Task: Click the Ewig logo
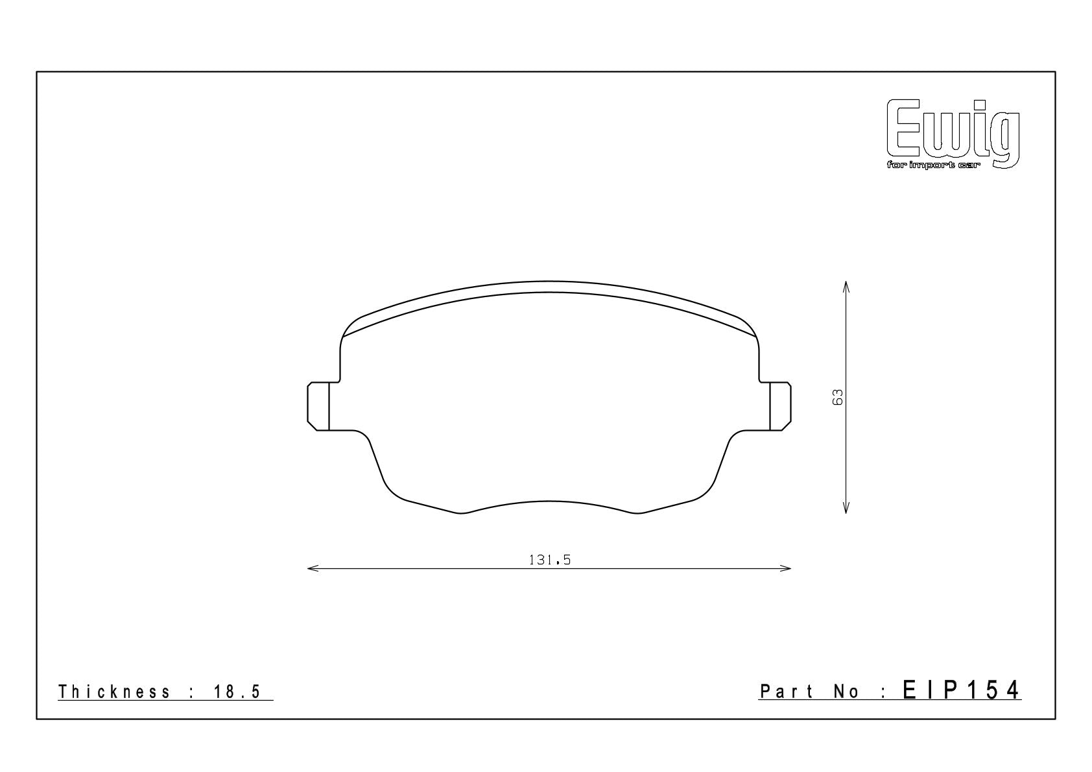pyautogui.click(x=953, y=134)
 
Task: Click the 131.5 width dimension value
pyautogui.click(x=549, y=560)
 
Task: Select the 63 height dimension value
pyautogui.click(x=837, y=397)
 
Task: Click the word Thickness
pyautogui.click(x=114, y=692)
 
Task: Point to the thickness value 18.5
pyautogui.click(x=237, y=692)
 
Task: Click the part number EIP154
pyautogui.click(x=961, y=690)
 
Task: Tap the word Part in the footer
pyautogui.click(x=787, y=692)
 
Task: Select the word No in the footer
pyautogui.click(x=846, y=692)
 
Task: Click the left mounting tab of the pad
pyautogui.click(x=318, y=406)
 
